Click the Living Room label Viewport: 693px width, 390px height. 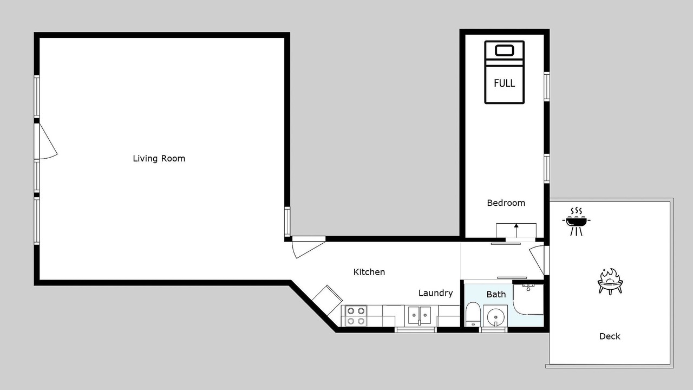click(x=159, y=159)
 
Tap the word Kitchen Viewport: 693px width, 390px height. click(x=369, y=272)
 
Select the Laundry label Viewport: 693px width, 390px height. click(x=436, y=293)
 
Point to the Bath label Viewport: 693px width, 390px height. click(x=496, y=294)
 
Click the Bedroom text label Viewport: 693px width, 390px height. click(x=506, y=203)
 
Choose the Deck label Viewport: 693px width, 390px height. click(x=610, y=336)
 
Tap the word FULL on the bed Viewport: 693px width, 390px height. click(x=504, y=83)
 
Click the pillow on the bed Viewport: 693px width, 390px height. click(x=505, y=50)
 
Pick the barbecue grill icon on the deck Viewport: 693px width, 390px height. click(x=576, y=222)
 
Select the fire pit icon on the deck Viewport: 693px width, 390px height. click(x=610, y=282)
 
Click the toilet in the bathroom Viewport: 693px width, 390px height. click(x=473, y=315)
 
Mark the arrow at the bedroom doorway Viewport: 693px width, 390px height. click(x=516, y=230)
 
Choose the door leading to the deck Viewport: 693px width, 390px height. click(x=538, y=260)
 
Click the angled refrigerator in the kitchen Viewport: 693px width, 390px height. click(x=327, y=300)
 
